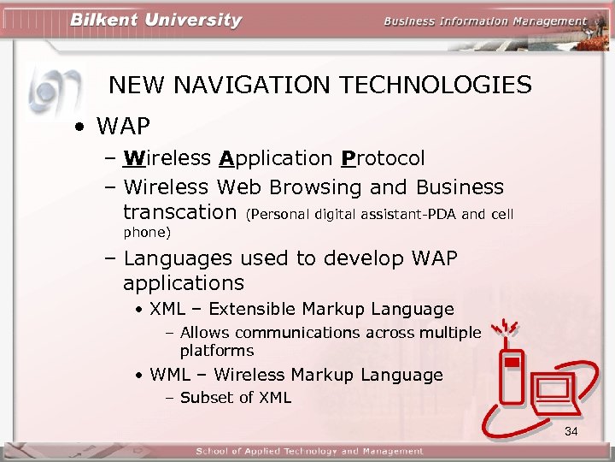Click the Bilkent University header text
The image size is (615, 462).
(155, 21)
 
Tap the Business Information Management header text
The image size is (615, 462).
(485, 21)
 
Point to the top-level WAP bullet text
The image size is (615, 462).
(123, 127)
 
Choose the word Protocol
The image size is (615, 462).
(382, 158)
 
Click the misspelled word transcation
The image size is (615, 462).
(179, 211)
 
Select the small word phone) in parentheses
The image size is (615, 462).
(147, 232)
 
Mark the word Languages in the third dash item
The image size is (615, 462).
(178, 258)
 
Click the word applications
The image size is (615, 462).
(183, 282)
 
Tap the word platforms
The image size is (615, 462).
(216, 351)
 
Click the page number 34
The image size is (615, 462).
(571, 431)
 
